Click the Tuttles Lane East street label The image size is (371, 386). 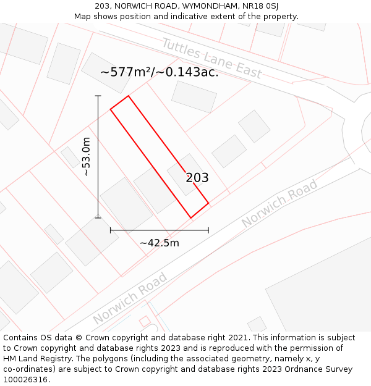click(211, 59)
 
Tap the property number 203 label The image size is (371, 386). click(197, 178)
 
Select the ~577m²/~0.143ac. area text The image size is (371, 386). click(160, 72)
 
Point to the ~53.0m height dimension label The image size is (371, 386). click(87, 157)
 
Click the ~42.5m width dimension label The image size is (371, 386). click(160, 243)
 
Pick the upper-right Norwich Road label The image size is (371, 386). click(279, 203)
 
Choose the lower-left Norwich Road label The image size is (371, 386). click(130, 298)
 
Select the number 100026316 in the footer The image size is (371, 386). click(25, 380)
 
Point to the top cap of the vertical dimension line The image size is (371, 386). click(98, 96)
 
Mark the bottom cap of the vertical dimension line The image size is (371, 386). click(98, 217)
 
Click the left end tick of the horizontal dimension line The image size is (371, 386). click(111, 230)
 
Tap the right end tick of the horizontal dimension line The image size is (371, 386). click(208, 230)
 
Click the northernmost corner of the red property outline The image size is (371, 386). click(128, 96)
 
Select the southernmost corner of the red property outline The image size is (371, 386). click(191, 218)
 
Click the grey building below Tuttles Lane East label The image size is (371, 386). click(194, 96)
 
